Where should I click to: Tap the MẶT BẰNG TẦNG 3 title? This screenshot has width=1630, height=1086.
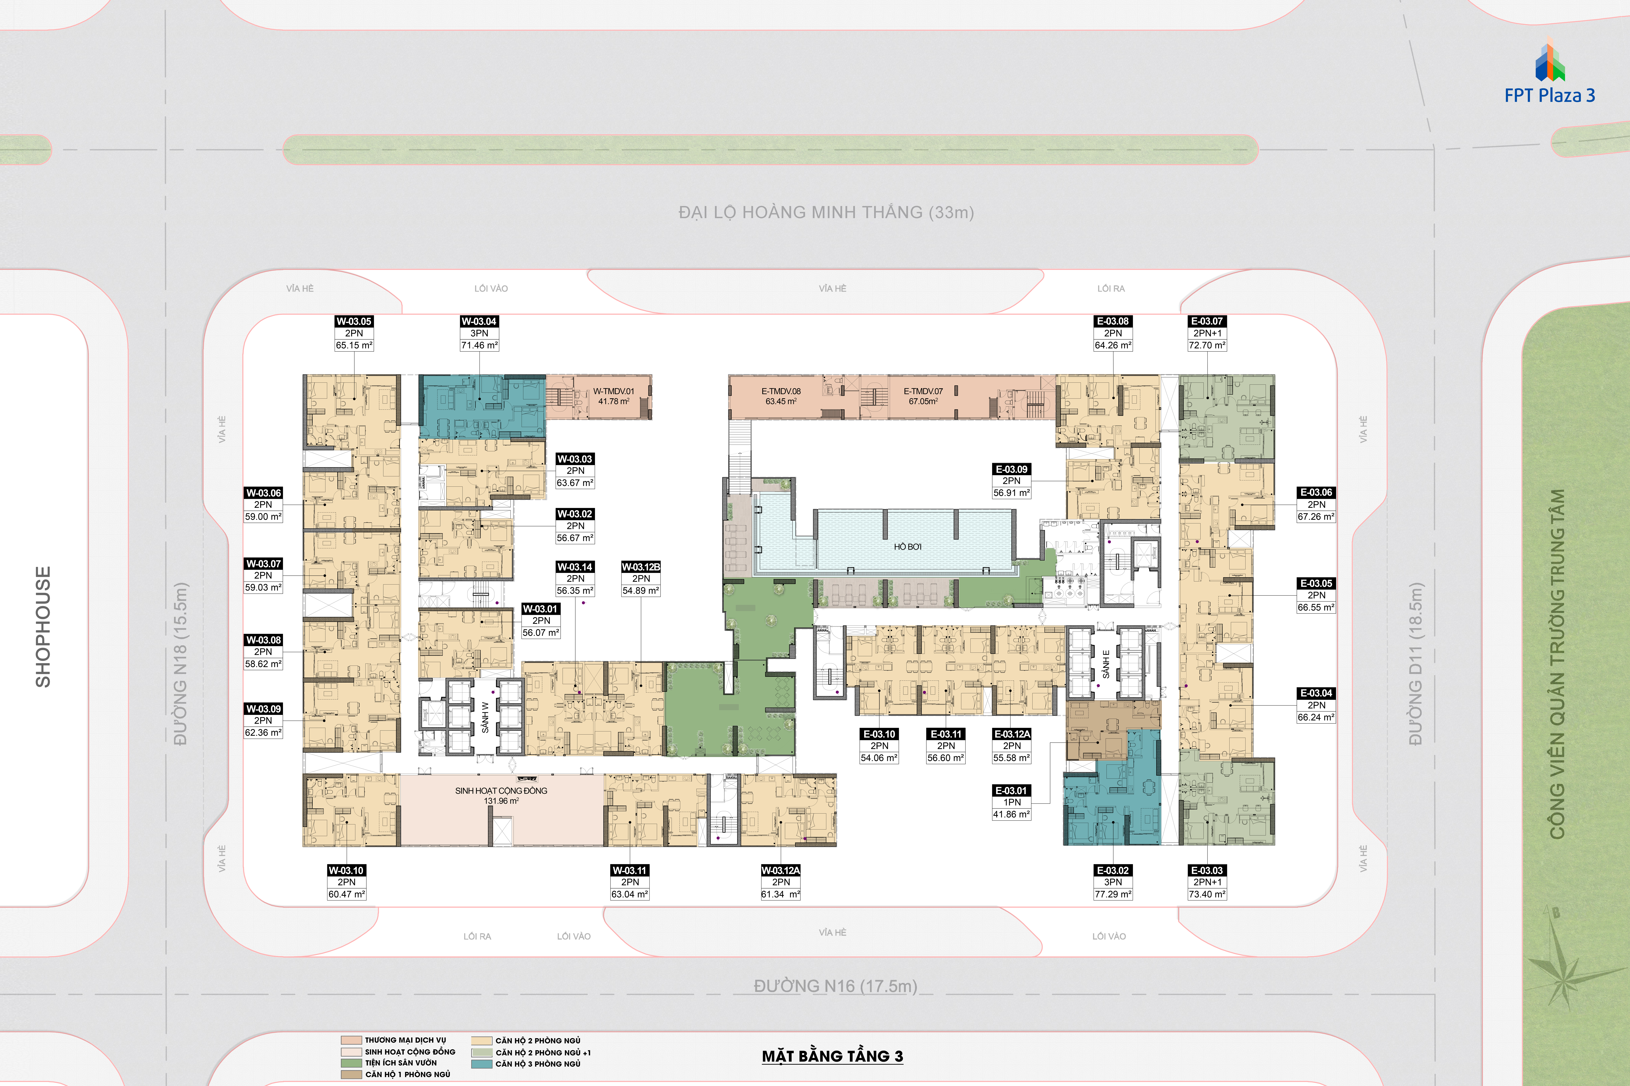[832, 1056]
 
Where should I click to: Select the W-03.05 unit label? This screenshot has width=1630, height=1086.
[354, 321]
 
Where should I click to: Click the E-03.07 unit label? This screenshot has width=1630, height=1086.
[1207, 321]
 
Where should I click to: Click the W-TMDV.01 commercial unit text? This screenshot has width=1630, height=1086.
[613, 391]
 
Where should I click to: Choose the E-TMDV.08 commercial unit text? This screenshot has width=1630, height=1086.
[781, 391]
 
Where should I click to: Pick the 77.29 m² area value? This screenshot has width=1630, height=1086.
[1113, 894]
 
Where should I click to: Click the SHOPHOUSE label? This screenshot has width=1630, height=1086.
[43, 627]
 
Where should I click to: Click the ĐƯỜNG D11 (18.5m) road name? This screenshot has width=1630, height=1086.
[1415, 664]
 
